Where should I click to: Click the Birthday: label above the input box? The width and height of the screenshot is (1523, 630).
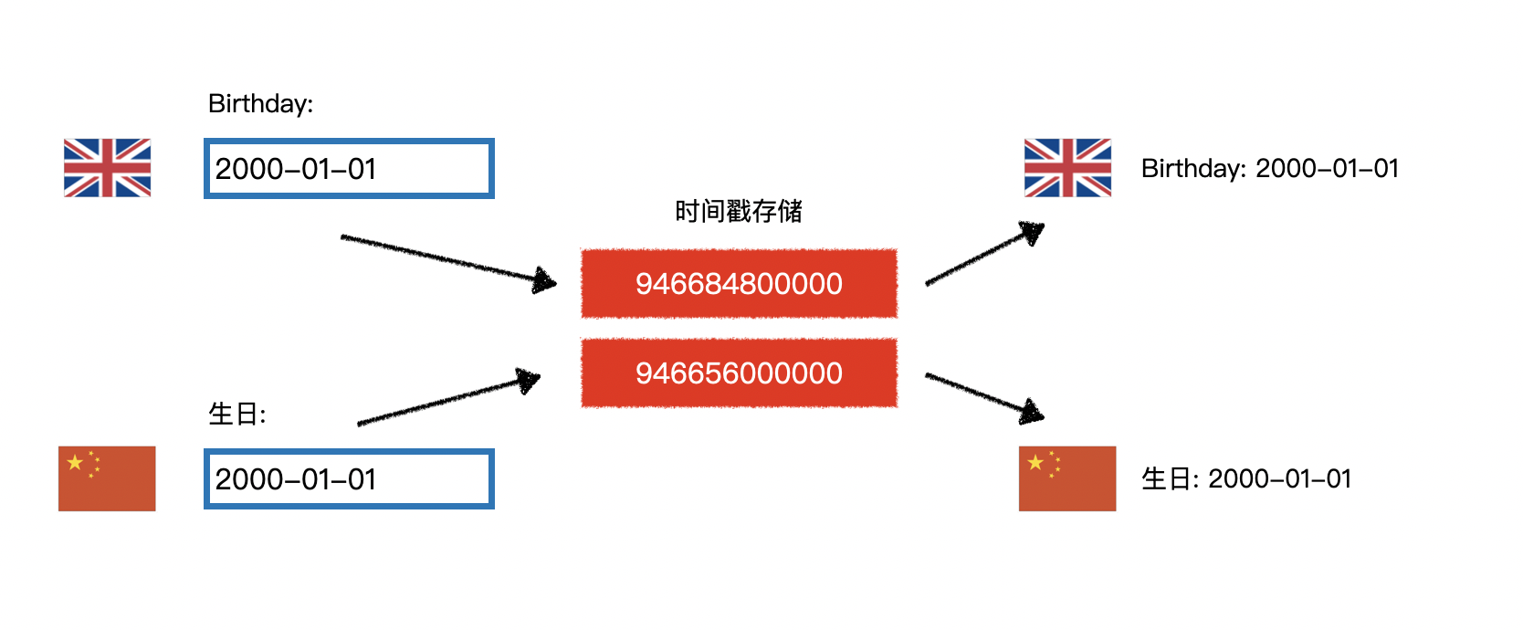(260, 104)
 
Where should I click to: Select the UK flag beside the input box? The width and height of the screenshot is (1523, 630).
(107, 168)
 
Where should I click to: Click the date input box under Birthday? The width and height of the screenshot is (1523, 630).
(349, 169)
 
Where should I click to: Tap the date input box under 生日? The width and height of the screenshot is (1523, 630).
(349, 479)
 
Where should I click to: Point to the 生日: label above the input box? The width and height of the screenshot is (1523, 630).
(236, 415)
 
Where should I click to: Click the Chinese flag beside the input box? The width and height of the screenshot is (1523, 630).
(107, 478)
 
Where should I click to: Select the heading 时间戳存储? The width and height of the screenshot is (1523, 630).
(738, 212)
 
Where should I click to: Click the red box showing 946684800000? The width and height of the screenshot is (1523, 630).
(739, 284)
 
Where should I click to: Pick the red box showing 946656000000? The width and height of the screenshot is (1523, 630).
(739, 373)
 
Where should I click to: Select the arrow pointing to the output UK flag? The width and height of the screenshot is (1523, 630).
(983, 255)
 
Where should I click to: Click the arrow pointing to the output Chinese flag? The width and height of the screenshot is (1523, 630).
(983, 395)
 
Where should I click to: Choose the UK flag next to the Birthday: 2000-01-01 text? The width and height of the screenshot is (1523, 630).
(1067, 168)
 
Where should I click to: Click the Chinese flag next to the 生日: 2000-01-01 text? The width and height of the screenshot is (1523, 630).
(1067, 478)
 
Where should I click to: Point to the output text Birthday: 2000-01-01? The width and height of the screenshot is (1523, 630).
(1269, 169)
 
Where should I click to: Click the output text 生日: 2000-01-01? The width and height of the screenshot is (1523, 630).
(1245, 479)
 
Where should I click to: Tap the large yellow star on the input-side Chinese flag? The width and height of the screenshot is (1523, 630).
(75, 463)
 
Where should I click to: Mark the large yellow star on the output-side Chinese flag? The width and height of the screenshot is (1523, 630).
(1035, 463)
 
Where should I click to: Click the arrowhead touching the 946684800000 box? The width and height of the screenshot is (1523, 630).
(545, 280)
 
